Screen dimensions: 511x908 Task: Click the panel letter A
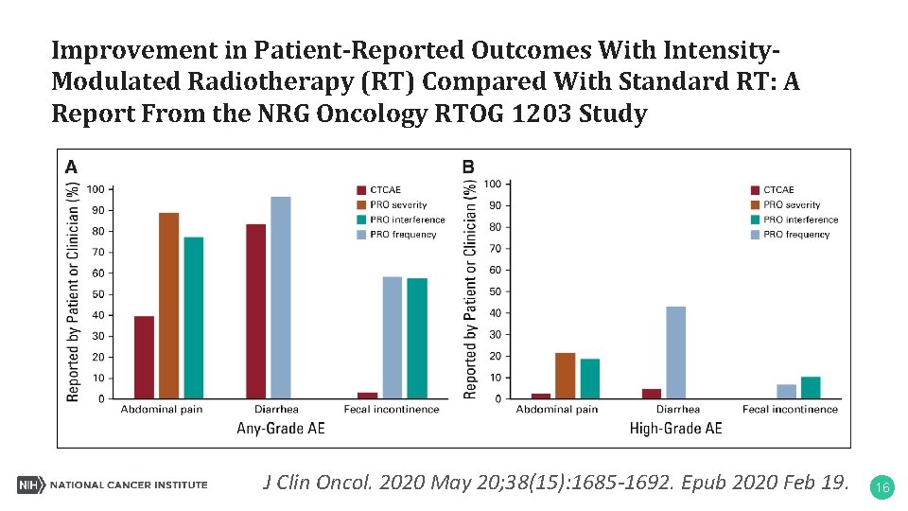(x=72, y=167)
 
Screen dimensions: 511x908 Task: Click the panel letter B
(x=468, y=167)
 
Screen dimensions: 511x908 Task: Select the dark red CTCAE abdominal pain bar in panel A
(x=144, y=357)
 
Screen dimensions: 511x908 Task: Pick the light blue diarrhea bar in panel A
(x=281, y=297)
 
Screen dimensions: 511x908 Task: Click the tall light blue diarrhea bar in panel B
(x=675, y=352)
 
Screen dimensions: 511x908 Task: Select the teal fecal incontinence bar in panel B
(x=811, y=387)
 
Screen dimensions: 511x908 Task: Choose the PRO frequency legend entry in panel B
(x=795, y=235)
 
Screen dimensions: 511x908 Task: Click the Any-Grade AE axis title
(x=280, y=429)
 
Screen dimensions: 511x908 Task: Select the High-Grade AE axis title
(x=675, y=429)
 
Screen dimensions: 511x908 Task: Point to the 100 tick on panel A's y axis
(x=96, y=189)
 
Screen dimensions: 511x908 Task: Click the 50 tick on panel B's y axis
(x=493, y=291)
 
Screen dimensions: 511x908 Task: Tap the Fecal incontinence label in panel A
(x=393, y=409)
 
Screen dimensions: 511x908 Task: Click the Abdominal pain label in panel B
(x=556, y=409)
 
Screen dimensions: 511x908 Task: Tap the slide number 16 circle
(x=882, y=487)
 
